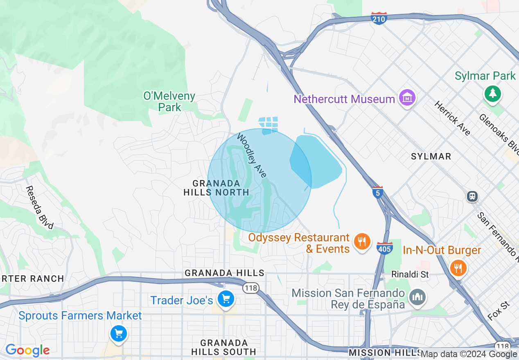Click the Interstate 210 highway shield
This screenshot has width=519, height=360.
click(379, 18)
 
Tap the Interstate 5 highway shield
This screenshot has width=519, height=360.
click(378, 192)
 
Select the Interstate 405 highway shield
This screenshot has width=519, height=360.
click(385, 248)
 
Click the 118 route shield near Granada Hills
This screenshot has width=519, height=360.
click(250, 288)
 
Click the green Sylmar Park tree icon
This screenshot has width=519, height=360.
click(493, 94)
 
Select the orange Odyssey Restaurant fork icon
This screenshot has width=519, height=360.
click(361, 241)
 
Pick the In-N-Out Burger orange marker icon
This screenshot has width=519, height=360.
click(458, 268)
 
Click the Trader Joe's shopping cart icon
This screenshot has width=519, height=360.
click(226, 299)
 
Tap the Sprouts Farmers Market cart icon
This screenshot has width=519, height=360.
click(119, 333)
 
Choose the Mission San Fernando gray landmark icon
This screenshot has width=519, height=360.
click(417, 297)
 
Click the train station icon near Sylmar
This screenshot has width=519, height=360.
click(472, 196)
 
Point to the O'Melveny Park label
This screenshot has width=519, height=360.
click(169, 102)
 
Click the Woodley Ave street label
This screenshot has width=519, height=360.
click(252, 156)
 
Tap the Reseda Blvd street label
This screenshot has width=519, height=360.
click(39, 207)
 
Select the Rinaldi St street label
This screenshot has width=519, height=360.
click(410, 274)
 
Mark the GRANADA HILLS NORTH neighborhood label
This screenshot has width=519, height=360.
click(216, 188)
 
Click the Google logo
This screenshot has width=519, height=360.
click(27, 350)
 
